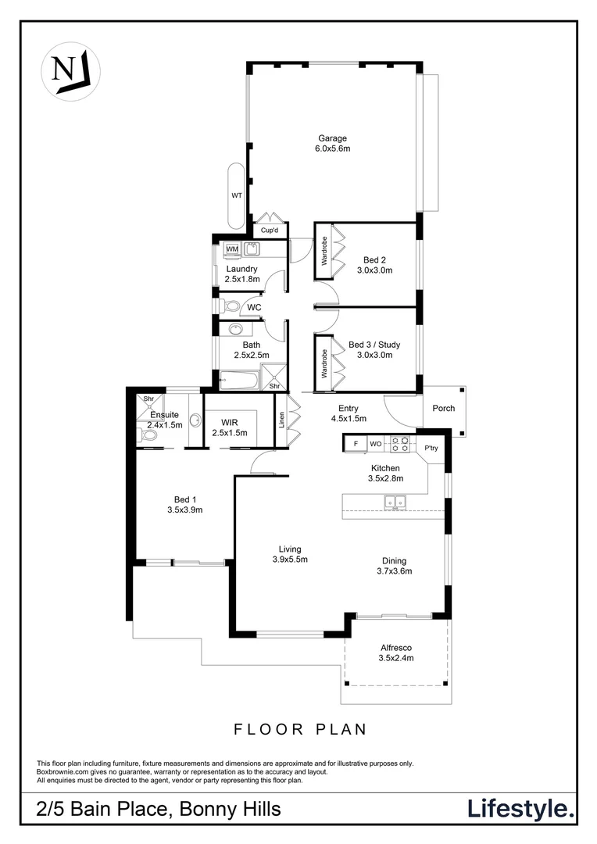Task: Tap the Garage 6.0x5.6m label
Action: (x=332, y=144)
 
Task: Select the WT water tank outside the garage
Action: (x=235, y=196)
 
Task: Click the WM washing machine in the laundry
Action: (x=232, y=249)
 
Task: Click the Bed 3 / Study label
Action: (x=370, y=349)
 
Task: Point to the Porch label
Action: (x=443, y=408)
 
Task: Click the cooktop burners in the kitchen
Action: (x=400, y=443)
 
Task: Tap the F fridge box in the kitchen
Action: (x=356, y=444)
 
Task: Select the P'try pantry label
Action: (x=431, y=448)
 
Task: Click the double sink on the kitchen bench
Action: (x=399, y=502)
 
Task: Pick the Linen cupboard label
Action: (x=281, y=420)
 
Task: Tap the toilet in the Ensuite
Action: (x=149, y=434)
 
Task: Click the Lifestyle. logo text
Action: (x=520, y=809)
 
